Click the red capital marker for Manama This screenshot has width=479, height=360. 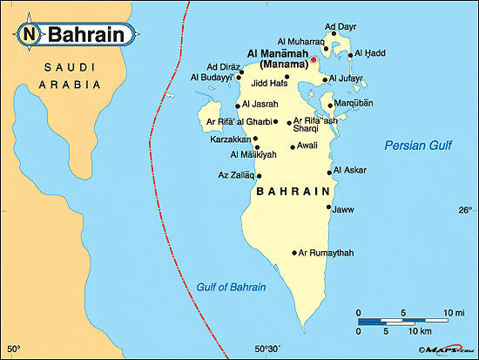click(x=314, y=60)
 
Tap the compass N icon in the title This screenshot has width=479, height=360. click(x=30, y=35)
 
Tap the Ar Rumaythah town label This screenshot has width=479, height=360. click(x=327, y=253)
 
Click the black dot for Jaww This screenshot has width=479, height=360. click(x=328, y=207)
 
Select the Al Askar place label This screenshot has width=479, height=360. click(x=349, y=170)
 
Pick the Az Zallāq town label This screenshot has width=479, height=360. click(x=235, y=175)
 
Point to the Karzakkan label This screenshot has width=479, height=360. click(x=230, y=139)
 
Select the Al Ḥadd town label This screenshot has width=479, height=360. click(x=367, y=55)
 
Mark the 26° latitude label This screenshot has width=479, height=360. click(x=464, y=210)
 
